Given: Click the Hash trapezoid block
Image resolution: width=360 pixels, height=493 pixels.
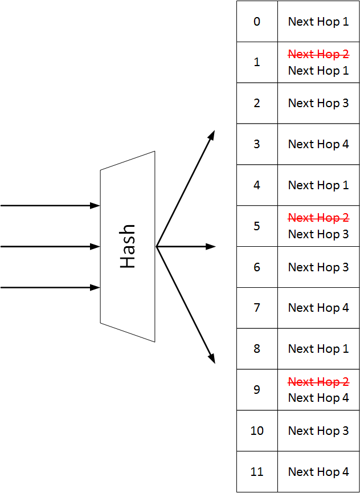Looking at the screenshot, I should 128,246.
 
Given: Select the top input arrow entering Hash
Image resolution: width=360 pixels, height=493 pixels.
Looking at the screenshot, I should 50,206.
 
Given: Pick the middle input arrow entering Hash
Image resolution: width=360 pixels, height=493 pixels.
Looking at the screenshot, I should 50,247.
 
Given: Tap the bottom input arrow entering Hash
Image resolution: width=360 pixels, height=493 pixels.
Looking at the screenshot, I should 50,288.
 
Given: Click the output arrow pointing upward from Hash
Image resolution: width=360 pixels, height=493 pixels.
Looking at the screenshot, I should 186,189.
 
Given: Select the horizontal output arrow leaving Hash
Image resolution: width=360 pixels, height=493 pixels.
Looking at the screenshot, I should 186,247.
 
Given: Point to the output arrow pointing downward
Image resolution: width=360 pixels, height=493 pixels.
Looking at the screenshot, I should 186,305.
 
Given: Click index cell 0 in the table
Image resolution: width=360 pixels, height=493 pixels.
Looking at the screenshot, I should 257,22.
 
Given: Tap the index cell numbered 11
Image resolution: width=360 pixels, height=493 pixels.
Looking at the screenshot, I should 257,472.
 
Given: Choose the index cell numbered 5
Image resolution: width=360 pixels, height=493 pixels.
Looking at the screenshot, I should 257,226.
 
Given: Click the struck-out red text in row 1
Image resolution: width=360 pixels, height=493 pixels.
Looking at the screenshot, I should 318,54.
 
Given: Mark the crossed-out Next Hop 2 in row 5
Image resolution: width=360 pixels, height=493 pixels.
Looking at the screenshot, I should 318,218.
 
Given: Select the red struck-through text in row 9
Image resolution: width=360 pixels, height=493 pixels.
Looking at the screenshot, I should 318,381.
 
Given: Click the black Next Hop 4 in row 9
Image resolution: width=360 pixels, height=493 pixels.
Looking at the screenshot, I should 318,398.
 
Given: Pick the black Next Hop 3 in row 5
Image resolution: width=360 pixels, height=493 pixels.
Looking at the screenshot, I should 318,234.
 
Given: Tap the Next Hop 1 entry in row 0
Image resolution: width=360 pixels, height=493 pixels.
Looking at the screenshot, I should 318,22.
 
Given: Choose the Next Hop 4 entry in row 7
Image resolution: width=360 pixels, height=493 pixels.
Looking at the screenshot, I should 318,308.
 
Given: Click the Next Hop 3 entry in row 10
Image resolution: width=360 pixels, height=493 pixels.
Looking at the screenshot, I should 318,431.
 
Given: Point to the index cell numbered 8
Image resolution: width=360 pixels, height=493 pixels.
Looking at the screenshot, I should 257,349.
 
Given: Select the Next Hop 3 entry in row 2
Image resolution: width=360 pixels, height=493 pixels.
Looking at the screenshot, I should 318,103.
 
